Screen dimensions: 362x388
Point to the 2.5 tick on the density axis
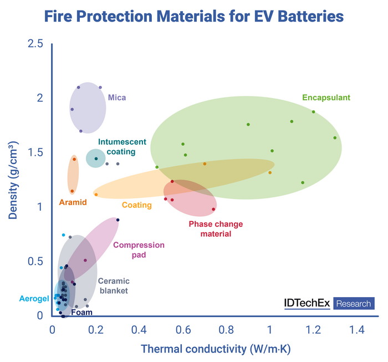(34, 44)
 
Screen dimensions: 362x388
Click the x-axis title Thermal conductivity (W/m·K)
(216, 349)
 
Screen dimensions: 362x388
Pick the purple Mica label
(117, 98)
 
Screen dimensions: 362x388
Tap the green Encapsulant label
(326, 98)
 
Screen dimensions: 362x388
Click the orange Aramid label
(73, 202)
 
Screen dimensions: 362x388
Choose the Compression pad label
(139, 249)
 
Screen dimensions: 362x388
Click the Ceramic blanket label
(113, 285)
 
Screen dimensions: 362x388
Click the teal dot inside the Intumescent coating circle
(96, 159)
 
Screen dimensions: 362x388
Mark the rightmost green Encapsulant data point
(335, 137)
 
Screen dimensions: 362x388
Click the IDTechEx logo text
(307, 303)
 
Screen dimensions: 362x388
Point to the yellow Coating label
(137, 205)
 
